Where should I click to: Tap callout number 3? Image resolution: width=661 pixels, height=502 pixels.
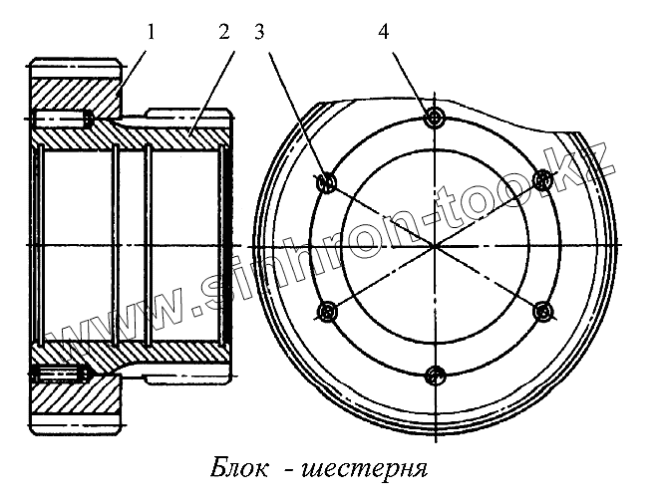[260, 31]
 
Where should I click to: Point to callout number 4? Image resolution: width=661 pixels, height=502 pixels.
[384, 31]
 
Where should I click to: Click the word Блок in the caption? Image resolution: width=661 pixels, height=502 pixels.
[239, 467]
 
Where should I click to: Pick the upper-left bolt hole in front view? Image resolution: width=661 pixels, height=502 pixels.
[324, 182]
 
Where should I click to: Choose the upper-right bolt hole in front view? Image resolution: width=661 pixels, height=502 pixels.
[543, 179]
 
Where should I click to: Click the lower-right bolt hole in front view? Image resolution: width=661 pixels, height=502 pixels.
[543, 313]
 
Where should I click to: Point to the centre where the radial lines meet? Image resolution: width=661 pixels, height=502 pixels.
[434, 246]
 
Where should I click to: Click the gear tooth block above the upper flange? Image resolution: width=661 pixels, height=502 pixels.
[75, 72]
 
